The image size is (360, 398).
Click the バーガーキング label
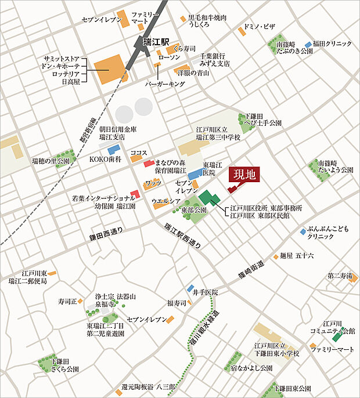165,84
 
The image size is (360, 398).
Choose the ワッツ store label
153,183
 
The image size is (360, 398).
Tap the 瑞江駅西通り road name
183,236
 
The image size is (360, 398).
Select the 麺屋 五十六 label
296,255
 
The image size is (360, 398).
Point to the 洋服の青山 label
193,73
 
